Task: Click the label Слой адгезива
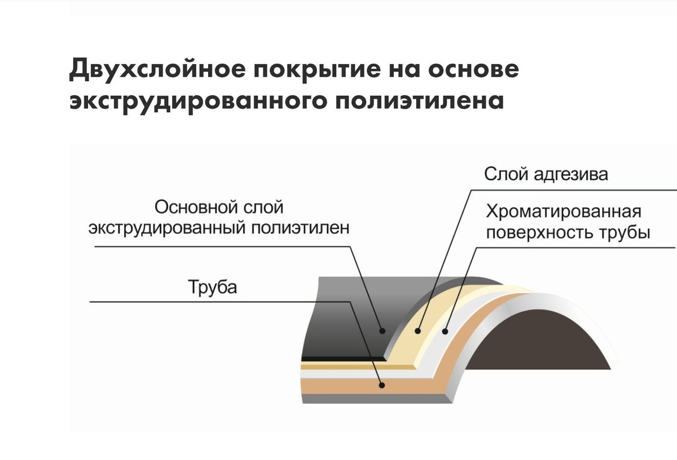[x=546, y=174]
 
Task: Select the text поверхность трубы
[x=568, y=232]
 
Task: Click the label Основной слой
[x=219, y=207]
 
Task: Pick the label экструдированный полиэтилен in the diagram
[x=219, y=227]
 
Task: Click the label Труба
[x=213, y=287]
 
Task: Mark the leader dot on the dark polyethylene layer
[x=382, y=330]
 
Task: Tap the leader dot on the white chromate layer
[x=446, y=331]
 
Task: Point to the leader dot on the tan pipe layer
[x=382, y=386]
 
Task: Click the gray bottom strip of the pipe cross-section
[x=367, y=399]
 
